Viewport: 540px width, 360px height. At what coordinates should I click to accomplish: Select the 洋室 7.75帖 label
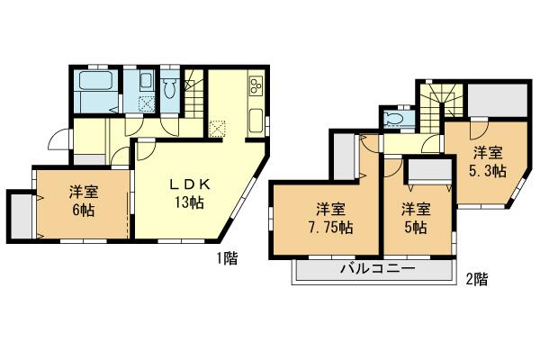[x=321, y=217]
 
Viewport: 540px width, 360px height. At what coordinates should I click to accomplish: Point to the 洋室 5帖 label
[x=415, y=217]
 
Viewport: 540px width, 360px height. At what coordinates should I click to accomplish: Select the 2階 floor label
[x=477, y=280]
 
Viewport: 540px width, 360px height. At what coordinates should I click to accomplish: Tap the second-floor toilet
[x=393, y=120]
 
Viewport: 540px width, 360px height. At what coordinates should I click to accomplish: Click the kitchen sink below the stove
[x=255, y=120]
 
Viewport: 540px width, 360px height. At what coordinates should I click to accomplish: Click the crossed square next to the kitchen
[x=217, y=127]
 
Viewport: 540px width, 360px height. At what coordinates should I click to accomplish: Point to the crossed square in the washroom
[x=145, y=103]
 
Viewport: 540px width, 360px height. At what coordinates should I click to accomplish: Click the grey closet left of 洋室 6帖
[x=20, y=215]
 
